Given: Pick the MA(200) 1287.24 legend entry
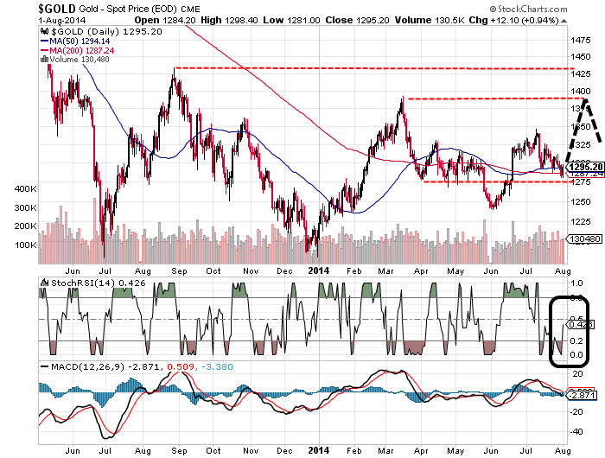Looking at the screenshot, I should click(x=88, y=50).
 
